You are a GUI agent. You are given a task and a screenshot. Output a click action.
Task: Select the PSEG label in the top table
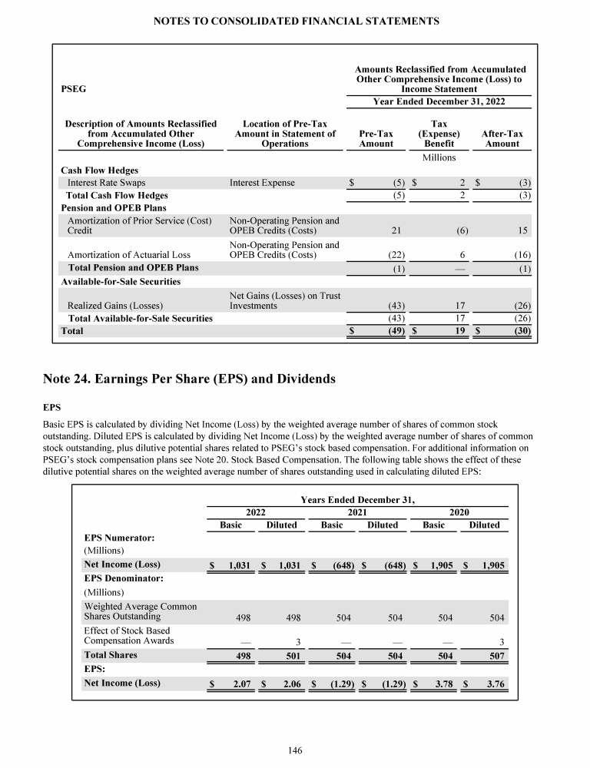(73, 89)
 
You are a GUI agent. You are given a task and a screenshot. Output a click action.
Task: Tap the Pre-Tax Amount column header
(376, 138)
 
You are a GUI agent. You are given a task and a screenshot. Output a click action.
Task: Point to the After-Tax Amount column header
(502, 138)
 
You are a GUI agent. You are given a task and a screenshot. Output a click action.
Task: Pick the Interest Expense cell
(262, 183)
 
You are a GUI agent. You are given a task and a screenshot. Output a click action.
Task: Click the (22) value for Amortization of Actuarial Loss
(384, 255)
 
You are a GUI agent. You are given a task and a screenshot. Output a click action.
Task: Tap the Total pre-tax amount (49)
(385, 332)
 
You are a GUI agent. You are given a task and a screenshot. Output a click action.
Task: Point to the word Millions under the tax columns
(439, 157)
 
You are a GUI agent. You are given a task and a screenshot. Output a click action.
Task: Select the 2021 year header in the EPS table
(356, 511)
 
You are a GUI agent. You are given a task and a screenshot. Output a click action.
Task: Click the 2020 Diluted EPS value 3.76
(490, 683)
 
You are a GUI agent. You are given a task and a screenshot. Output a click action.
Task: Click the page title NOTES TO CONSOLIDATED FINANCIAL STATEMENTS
(295, 22)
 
